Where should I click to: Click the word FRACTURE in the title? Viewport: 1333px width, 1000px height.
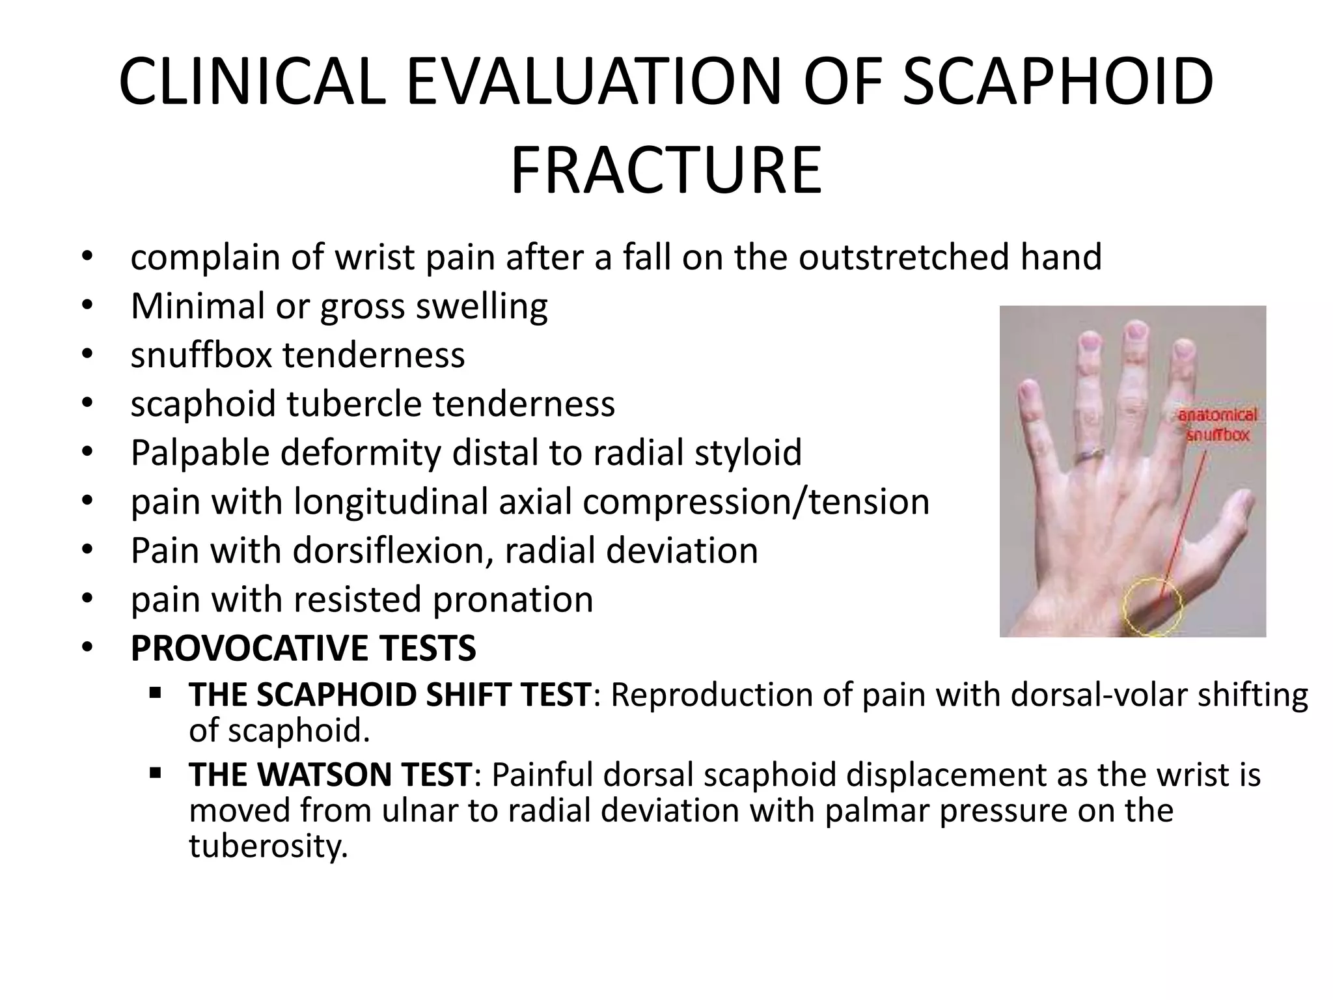pyautogui.click(x=666, y=171)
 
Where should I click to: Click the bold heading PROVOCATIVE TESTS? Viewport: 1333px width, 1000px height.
pyautogui.click(x=303, y=648)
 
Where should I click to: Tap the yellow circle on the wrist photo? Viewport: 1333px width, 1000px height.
pyautogui.click(x=1153, y=605)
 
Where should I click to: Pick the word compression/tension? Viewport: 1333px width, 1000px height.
pyautogui.click(x=756, y=502)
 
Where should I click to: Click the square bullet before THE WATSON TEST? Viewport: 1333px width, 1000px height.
pyautogui.click(x=155, y=773)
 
